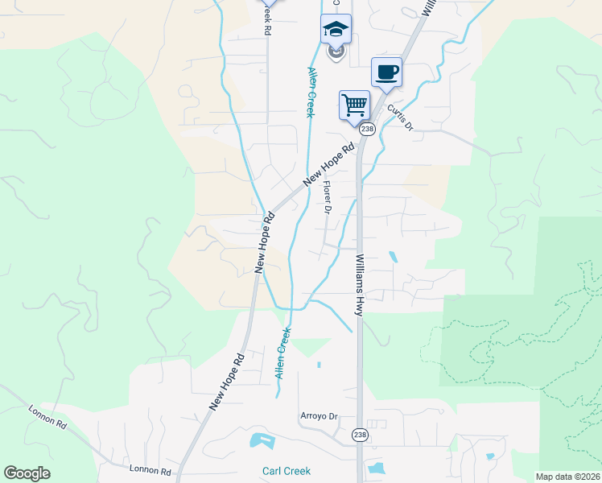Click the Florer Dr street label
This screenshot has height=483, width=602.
(328, 197)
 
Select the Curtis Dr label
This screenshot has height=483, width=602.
(399, 117)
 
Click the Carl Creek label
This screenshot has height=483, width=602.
(286, 471)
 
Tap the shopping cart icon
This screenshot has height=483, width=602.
(354, 105)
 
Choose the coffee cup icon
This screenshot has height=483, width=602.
(386, 72)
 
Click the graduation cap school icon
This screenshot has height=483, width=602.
(336, 31)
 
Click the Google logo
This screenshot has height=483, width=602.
(27, 473)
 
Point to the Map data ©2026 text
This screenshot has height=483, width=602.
(568, 477)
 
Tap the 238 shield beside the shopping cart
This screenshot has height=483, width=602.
(368, 129)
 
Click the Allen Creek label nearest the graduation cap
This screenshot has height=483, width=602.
(310, 92)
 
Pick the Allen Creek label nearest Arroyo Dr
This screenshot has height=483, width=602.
(282, 353)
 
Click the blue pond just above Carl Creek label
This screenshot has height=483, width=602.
(262, 441)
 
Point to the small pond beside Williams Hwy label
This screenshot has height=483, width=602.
(392, 257)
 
